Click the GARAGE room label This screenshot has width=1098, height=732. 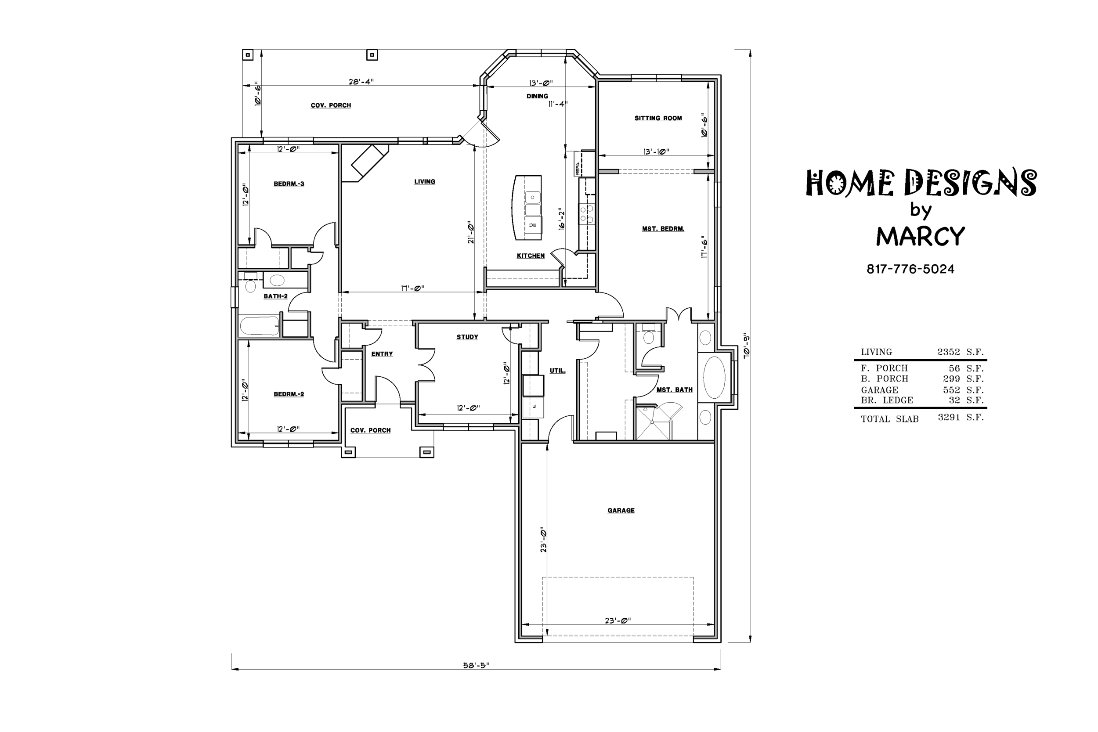click(621, 510)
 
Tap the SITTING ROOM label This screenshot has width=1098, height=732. click(658, 118)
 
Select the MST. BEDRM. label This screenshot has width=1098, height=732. click(663, 229)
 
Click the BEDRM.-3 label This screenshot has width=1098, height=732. click(289, 184)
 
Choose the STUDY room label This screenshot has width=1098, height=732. click(467, 337)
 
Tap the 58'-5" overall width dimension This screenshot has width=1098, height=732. click(476, 665)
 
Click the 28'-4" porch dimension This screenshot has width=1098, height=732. click(361, 82)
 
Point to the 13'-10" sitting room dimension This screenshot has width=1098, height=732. click(656, 152)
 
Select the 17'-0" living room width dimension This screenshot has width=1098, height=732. click(412, 288)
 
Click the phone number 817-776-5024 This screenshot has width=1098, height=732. click(910, 269)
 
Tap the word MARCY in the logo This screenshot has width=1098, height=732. click(920, 236)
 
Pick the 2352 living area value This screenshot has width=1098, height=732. click(949, 352)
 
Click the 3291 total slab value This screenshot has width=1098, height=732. click(949, 417)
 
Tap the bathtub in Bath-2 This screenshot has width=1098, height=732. click(260, 326)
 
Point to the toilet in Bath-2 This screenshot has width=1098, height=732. click(251, 283)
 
